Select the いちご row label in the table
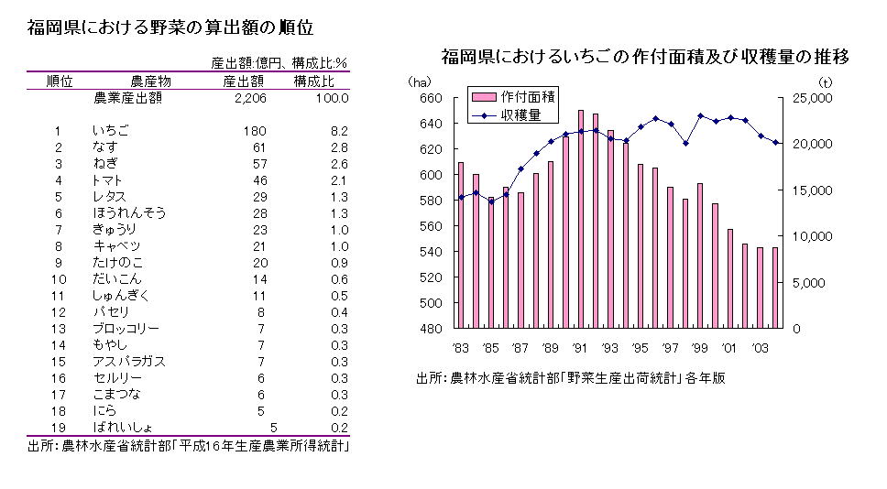coord(111,131)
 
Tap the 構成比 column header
coord(313,81)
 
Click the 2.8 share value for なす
coord(338,147)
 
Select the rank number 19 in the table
coord(60,428)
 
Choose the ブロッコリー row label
coord(126,329)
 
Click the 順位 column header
coord(60,81)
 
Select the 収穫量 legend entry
coord(520,115)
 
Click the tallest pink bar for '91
coord(581,220)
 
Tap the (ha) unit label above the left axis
coord(418,82)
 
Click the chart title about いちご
coord(645,58)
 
